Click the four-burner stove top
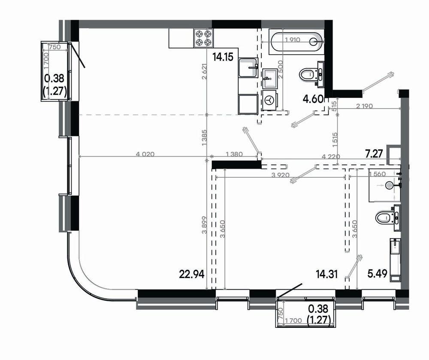(203, 38)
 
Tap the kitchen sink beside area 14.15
(248, 67)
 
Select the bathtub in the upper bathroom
(296, 42)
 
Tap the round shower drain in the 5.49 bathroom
(389, 185)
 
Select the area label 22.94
(192, 274)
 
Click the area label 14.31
(326, 274)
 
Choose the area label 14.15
(223, 57)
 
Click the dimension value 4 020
(145, 154)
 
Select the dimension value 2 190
(364, 106)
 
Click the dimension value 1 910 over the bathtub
(293, 39)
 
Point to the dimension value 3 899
(204, 225)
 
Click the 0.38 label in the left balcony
(54, 79)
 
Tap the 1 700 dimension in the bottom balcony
(293, 321)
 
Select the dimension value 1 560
(377, 174)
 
